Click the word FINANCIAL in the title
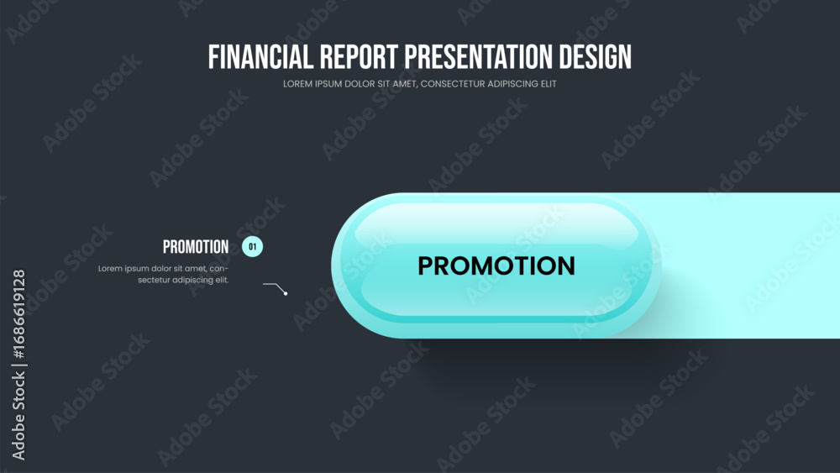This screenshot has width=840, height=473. click(x=260, y=57)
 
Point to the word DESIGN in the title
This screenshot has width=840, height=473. click(x=596, y=57)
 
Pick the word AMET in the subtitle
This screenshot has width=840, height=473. click(x=404, y=84)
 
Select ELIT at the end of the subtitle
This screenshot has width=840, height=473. click(x=549, y=84)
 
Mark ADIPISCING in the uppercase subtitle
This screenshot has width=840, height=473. click(x=513, y=84)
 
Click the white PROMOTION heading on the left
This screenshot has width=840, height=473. click(x=196, y=247)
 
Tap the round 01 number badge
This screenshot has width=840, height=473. click(x=252, y=246)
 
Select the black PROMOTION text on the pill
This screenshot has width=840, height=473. click(x=496, y=265)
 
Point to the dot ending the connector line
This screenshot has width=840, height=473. click(x=286, y=293)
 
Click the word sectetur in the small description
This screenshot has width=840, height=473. click(x=154, y=280)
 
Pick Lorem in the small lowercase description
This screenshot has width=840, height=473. click(x=110, y=268)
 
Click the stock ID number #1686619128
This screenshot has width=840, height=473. click(x=18, y=314)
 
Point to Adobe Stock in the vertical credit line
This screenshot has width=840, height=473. click(x=18, y=416)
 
